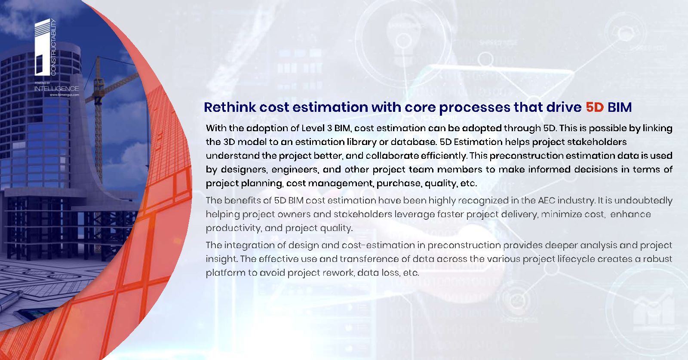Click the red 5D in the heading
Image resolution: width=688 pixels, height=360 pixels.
595,107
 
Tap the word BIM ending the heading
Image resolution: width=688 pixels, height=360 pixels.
620,107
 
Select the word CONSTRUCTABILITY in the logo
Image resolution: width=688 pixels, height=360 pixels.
53,47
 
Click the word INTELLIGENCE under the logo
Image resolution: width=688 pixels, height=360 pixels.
56,89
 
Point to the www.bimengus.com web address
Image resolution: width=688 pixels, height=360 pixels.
64,95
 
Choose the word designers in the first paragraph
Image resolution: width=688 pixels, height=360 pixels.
243,170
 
